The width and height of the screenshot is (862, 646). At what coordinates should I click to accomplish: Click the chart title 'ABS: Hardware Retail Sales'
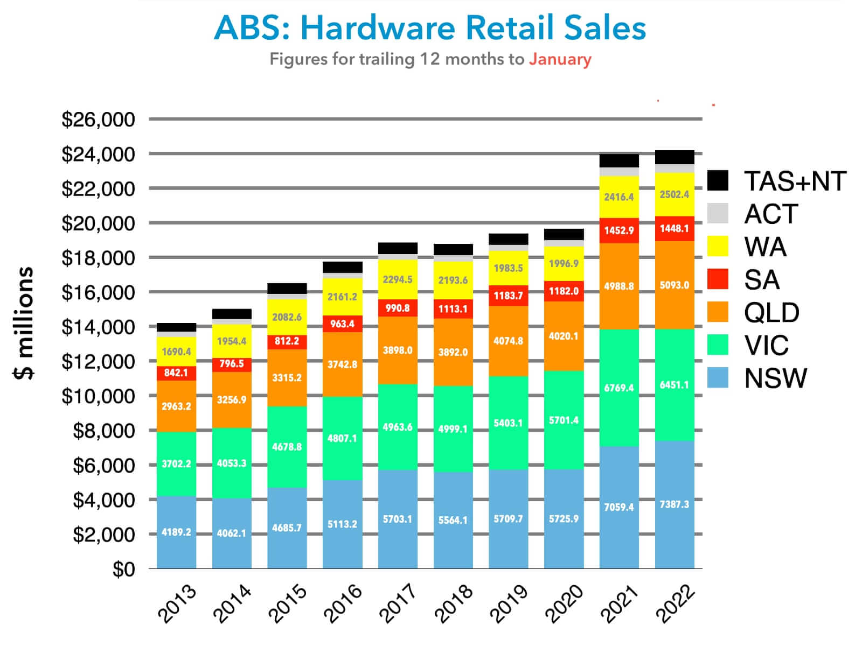pos(430,28)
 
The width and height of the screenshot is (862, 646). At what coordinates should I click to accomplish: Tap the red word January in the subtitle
pos(560,59)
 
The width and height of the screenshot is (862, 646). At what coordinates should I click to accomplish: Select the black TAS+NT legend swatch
pos(718,181)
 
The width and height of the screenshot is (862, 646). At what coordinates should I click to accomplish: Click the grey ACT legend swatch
pos(718,214)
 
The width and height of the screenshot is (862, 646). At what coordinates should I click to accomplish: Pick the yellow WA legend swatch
pos(718,247)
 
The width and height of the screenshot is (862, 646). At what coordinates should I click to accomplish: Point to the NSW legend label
pos(775,378)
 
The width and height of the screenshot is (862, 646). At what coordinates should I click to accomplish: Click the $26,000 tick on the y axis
pos(98,120)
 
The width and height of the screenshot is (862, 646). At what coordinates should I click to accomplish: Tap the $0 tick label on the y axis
pos(123,570)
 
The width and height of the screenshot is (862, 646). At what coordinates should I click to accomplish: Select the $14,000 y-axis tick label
pos(98,327)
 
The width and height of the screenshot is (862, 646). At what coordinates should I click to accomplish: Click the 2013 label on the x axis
pos(177,603)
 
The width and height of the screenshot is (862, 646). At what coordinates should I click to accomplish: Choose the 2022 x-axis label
pos(676,603)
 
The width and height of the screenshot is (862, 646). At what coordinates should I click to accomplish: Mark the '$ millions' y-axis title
pos(24,323)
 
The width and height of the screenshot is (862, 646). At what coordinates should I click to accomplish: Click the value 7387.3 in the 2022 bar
pos(675,504)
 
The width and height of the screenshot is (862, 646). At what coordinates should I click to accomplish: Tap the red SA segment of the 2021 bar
pos(619,230)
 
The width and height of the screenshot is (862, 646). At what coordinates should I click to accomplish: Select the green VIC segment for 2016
pos(343,438)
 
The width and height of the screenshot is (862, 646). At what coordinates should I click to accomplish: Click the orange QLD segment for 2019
pos(508,341)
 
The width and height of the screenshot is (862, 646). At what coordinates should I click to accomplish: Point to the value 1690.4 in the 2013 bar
pos(176,352)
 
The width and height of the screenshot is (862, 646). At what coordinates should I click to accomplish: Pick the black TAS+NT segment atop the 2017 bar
pos(398,248)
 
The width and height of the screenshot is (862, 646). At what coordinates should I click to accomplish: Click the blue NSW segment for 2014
pos(232,533)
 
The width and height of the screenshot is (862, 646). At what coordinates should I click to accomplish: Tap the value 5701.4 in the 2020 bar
pos(564,420)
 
